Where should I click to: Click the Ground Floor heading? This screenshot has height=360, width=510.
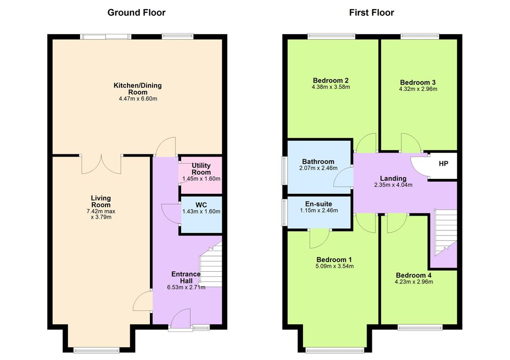(136, 13)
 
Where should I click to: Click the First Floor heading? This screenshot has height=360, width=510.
(371, 13)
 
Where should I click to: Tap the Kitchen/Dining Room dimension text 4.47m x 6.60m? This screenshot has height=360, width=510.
(138, 98)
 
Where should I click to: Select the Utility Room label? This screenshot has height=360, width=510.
(201, 169)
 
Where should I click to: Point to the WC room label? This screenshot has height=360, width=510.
(201, 205)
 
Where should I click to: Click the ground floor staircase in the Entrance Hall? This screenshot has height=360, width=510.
(211, 264)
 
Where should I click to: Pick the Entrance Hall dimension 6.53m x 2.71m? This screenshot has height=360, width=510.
(186, 287)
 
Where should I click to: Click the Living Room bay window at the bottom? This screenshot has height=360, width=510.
(96, 350)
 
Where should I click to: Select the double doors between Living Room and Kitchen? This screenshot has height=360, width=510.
(101, 164)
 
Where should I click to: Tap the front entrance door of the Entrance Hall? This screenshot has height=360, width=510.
(181, 319)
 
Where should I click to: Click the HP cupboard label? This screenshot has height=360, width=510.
(443, 164)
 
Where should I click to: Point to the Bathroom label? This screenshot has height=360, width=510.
(318, 162)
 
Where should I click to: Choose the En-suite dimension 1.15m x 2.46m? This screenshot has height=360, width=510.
(319, 211)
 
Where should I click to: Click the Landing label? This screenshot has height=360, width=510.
(393, 178)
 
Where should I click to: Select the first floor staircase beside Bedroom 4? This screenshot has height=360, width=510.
(445, 232)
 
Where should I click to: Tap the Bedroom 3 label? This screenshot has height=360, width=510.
(418, 82)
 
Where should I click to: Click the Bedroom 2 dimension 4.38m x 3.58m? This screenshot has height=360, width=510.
(331, 87)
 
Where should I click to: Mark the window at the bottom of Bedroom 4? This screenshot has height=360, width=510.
(420, 327)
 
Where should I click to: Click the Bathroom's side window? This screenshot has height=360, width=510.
(285, 171)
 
